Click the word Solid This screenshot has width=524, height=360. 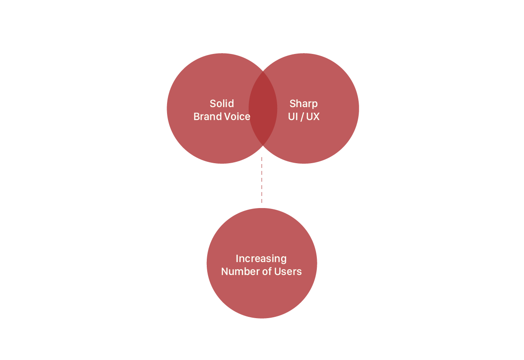221,104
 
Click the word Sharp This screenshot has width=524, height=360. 303,104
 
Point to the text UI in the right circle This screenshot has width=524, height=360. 293,117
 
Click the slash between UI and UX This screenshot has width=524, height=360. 302,117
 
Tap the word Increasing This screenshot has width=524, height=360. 261,259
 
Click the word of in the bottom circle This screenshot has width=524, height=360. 265,272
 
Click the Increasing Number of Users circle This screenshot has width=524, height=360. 262,294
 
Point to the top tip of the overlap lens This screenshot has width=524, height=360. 263,72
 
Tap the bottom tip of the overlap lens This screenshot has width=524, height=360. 263,145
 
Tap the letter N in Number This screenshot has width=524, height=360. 224,272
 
